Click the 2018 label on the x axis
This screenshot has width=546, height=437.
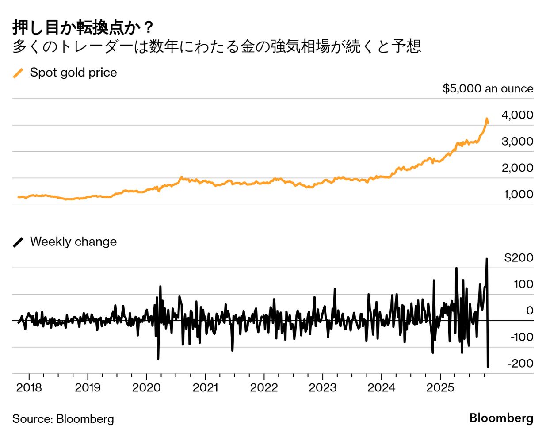(x=29, y=388)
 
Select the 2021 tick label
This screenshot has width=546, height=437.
(x=205, y=388)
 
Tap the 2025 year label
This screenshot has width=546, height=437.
(x=440, y=388)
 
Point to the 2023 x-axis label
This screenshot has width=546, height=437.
(x=322, y=388)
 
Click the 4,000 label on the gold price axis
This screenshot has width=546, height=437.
(x=517, y=115)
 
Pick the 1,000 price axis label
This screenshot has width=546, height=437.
(x=518, y=194)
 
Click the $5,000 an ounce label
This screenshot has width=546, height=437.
(x=488, y=88)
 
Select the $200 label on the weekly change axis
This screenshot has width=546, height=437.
(x=519, y=257)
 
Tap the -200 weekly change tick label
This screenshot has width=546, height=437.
(x=520, y=364)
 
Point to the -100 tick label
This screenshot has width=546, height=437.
(x=521, y=337)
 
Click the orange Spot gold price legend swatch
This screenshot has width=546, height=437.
(x=18, y=73)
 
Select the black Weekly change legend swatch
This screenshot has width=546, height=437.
(x=18, y=242)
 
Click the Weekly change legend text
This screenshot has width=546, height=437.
(x=73, y=241)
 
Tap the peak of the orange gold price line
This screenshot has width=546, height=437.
(x=486, y=119)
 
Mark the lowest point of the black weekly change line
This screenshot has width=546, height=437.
(x=488, y=367)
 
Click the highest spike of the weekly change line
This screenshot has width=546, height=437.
(x=487, y=259)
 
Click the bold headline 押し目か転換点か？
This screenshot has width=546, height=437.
(x=83, y=27)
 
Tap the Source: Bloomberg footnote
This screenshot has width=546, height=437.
(x=63, y=419)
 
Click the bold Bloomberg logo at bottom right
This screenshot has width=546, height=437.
(x=501, y=418)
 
